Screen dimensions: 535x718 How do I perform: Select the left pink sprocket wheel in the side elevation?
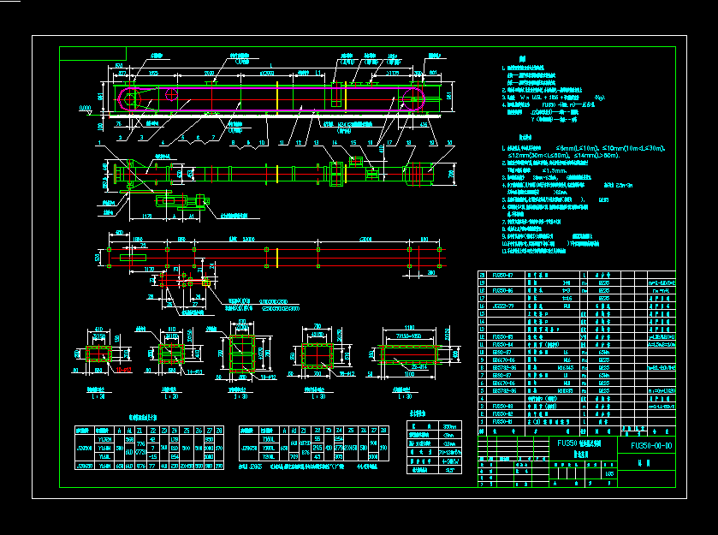[x=130, y=99]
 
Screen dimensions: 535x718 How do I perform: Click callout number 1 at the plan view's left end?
[x=100, y=143]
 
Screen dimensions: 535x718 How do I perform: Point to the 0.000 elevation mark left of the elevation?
[x=84, y=109]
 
